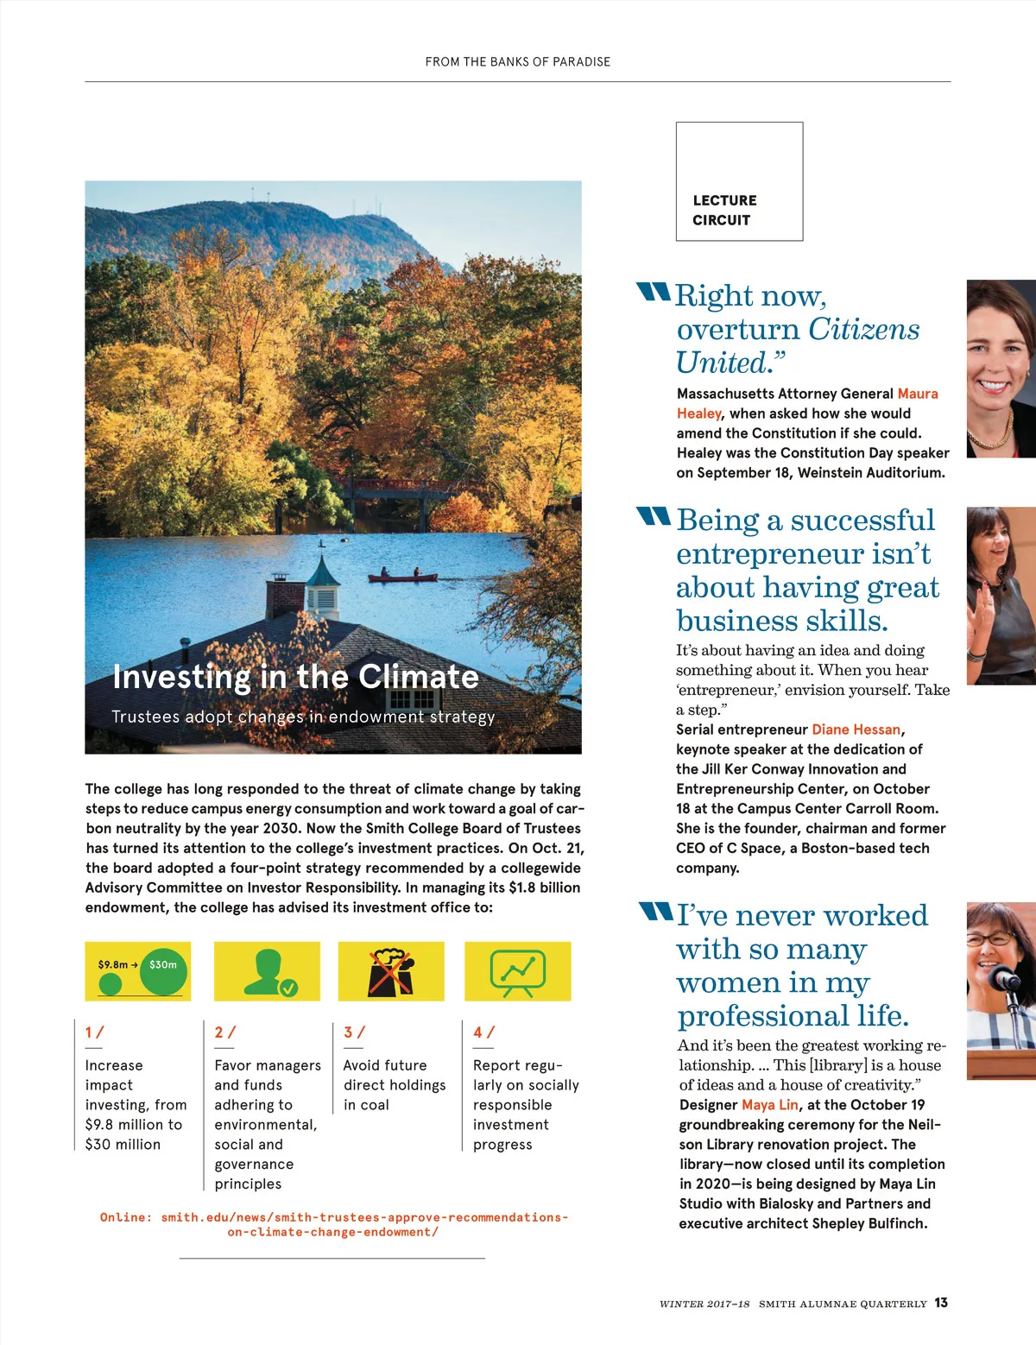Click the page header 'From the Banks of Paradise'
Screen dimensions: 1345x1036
tap(517, 62)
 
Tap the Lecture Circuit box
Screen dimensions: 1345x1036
tap(739, 181)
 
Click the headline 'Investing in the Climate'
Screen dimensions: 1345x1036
tap(295, 677)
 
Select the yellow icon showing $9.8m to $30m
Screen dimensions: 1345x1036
tap(138, 971)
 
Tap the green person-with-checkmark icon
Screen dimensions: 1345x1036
tap(267, 971)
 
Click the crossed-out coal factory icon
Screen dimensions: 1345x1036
tap(391, 971)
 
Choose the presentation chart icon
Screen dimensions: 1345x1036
tap(517, 971)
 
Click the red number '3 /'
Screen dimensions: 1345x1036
tap(354, 1032)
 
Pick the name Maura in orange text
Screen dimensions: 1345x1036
tap(917, 394)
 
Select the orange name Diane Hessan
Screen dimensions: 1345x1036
tap(856, 729)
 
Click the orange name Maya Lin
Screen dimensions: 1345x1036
tap(769, 1105)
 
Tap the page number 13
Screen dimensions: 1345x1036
tap(940, 1303)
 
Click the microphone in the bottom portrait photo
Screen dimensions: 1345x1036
tap(1006, 979)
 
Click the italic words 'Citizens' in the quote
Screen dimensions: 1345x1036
tap(863, 329)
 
